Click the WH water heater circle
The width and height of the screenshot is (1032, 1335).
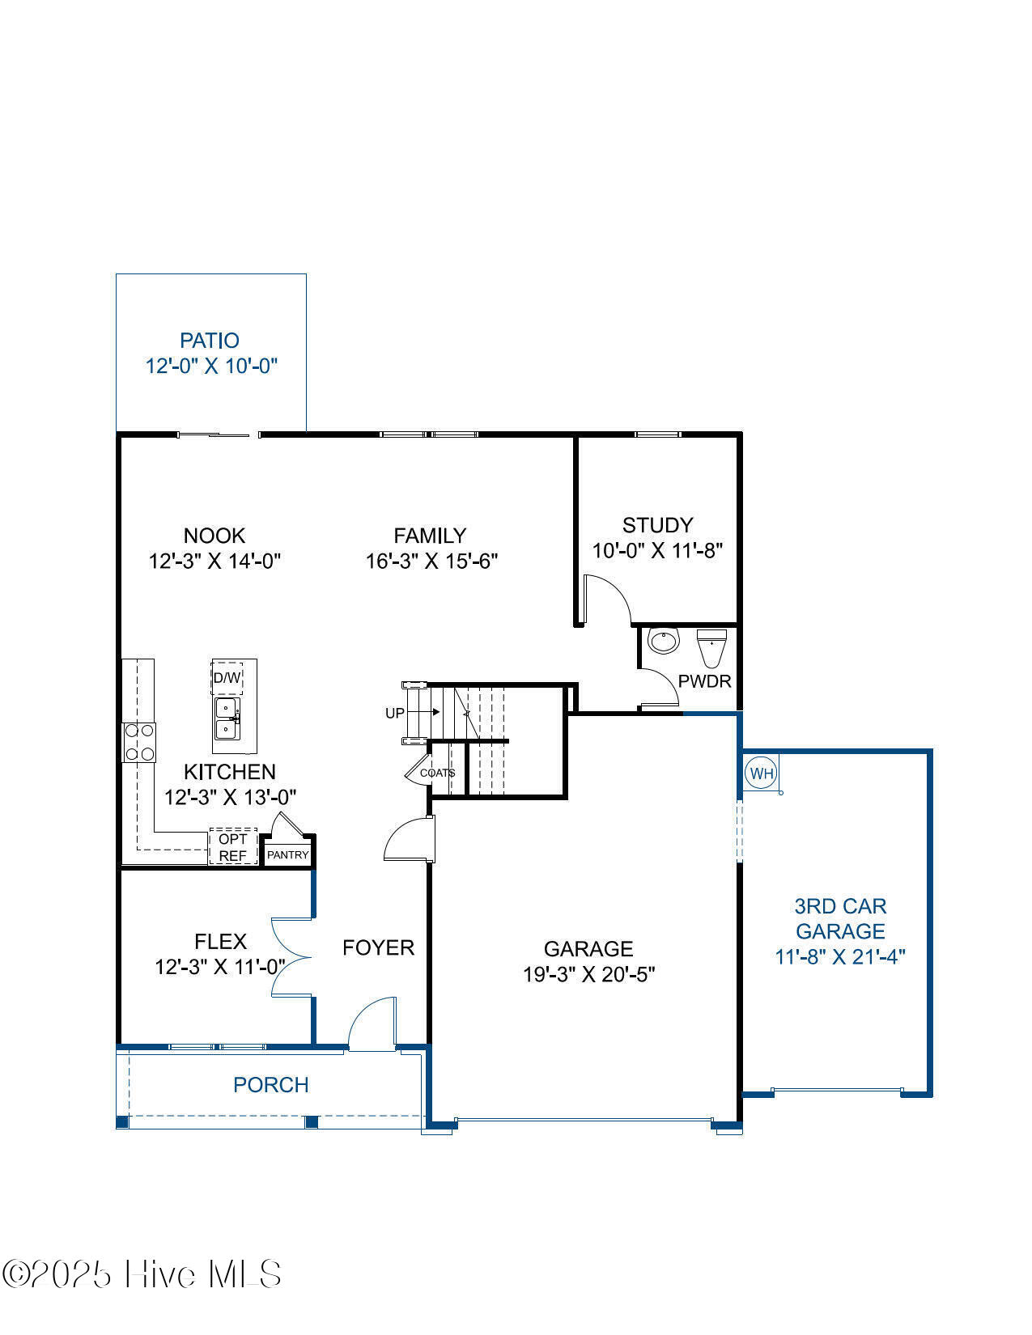pyautogui.click(x=761, y=773)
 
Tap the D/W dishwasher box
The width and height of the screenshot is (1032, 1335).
pyautogui.click(x=227, y=678)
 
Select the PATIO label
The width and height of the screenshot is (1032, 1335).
pyautogui.click(x=210, y=341)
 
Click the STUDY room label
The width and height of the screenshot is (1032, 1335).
pyautogui.click(x=657, y=524)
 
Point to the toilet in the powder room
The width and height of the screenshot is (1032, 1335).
pyautogui.click(x=712, y=648)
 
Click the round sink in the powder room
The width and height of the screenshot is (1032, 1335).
pyautogui.click(x=664, y=641)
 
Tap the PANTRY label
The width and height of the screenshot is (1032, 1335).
pyautogui.click(x=288, y=854)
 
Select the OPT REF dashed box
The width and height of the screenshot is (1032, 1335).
pyautogui.click(x=233, y=847)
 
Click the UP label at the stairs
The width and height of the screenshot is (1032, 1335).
pyautogui.click(x=394, y=714)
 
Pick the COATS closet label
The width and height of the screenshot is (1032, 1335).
pyautogui.click(x=437, y=773)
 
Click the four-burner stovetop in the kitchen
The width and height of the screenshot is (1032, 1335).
pyautogui.click(x=139, y=742)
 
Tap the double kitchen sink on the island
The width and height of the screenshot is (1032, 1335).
pyautogui.click(x=227, y=718)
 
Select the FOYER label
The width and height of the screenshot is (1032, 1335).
pyautogui.click(x=378, y=947)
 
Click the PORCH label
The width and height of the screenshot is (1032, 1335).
pyautogui.click(x=271, y=1085)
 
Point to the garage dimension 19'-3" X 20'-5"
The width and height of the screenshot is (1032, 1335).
pyautogui.click(x=588, y=974)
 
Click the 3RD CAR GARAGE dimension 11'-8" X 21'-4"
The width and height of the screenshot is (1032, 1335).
pyautogui.click(x=839, y=957)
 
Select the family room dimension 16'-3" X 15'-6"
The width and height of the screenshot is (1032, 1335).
pyautogui.click(x=431, y=561)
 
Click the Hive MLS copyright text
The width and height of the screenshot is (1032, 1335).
pyautogui.click(x=142, y=1274)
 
